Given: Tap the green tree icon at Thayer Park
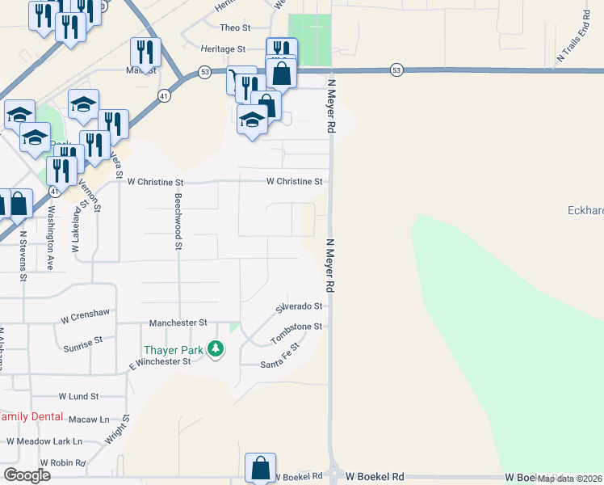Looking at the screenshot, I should point(216,349).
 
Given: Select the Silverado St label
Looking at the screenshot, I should point(299,307).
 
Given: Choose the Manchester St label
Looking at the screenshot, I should point(178,323).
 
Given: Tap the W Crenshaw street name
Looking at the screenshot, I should point(84,320).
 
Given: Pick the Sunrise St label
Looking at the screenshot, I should point(83,345).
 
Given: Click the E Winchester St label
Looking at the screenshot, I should point(160,363).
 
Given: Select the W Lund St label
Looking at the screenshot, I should point(78,397).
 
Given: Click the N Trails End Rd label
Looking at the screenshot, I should point(573,37).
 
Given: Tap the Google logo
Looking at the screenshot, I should point(27,475).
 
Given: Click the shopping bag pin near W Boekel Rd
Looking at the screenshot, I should point(261,468).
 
